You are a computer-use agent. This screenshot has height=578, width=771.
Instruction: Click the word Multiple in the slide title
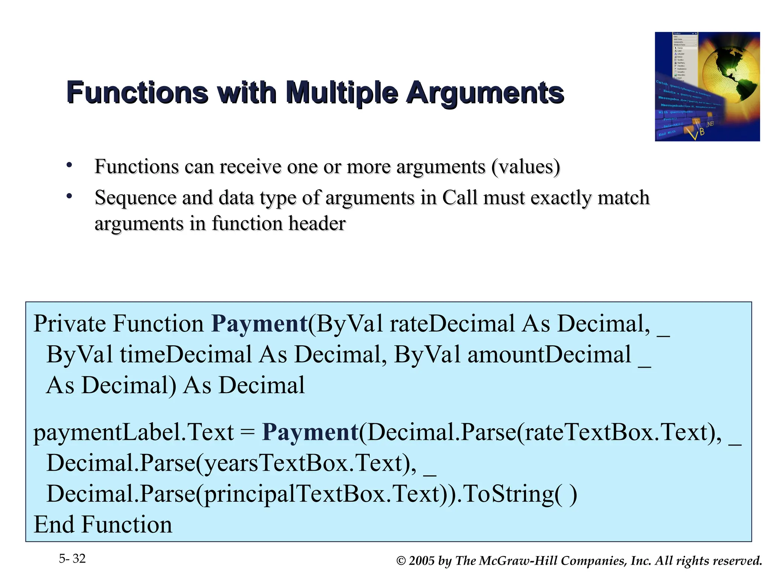pos(342,93)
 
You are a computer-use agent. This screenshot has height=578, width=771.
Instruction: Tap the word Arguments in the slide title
pos(485,93)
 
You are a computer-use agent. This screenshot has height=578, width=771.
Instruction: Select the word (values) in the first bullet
pos(526,167)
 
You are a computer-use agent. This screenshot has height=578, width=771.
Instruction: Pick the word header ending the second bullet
pos(317,224)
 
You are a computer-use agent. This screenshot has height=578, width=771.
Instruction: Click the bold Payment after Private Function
pos(259,324)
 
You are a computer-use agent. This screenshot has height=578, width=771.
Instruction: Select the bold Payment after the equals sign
pos(310,432)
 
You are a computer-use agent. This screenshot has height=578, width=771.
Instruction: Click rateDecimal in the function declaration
pos(452,324)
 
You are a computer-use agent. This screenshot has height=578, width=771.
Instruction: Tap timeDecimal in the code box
pos(186,354)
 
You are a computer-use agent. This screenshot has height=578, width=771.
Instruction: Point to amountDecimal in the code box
pos(549,354)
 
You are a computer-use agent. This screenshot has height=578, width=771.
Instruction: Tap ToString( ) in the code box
pos(520,494)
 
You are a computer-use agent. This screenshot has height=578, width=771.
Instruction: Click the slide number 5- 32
pos(72,558)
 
